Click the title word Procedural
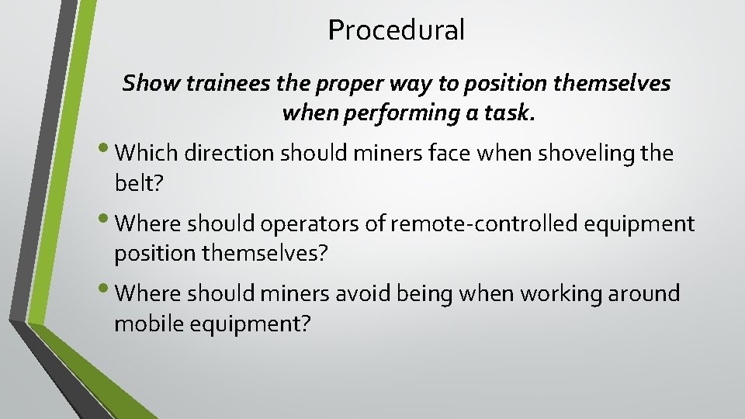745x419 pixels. click(x=396, y=30)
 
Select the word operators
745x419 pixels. click(x=284, y=224)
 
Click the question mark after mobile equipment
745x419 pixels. click(x=304, y=324)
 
